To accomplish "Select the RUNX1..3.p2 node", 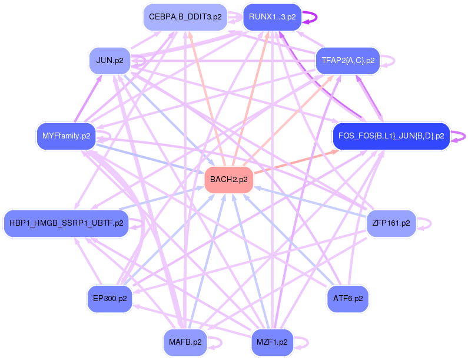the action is tap(272, 17).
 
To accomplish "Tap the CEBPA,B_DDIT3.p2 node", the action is tap(185, 17).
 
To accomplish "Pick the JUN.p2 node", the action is tap(109, 61).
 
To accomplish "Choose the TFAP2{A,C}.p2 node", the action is tap(348, 61).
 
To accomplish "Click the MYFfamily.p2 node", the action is tap(67, 136).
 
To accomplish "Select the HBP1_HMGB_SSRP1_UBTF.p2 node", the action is tap(67, 223).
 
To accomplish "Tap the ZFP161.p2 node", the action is tap(391, 223).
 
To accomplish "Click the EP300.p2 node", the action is tap(109, 299).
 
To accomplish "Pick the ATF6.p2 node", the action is tap(348, 299).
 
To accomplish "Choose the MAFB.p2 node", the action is tap(185, 342).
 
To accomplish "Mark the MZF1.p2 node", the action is tap(272, 342).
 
